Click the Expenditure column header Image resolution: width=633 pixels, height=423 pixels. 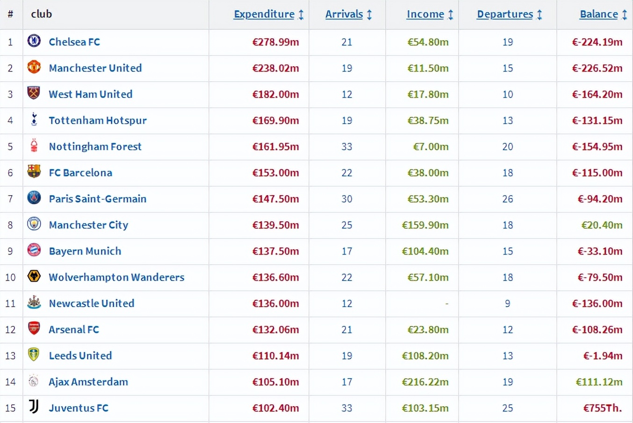coord(264,14)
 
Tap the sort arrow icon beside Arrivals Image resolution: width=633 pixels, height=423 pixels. coord(369,14)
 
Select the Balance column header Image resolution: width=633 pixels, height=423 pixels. coord(598,14)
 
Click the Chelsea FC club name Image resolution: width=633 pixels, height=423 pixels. coord(74,42)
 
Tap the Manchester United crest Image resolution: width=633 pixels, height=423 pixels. coord(34,67)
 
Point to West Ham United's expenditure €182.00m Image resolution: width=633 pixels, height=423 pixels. coord(275,94)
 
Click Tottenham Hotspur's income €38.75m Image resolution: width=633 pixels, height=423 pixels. coord(428,120)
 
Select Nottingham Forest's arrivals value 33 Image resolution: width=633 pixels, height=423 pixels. coord(346,147)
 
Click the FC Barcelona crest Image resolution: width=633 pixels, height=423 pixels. coord(34,172)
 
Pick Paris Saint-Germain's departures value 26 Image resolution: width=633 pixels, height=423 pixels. coord(507,199)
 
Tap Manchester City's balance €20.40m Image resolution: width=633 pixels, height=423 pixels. coord(602,225)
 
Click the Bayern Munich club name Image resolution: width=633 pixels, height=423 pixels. coord(85,251)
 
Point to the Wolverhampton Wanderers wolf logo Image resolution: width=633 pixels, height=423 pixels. coord(34,276)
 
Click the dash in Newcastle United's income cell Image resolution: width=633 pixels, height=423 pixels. coord(446,303)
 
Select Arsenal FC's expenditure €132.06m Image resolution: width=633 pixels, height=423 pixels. coord(275,330)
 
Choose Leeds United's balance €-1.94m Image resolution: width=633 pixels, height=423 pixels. coord(603,356)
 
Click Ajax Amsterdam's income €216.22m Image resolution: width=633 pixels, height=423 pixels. coord(425,382)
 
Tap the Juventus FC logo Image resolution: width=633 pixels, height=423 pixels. coord(34,407)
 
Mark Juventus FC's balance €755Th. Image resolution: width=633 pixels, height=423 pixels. coord(602,408)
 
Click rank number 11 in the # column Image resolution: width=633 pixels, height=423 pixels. coord(10,303)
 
